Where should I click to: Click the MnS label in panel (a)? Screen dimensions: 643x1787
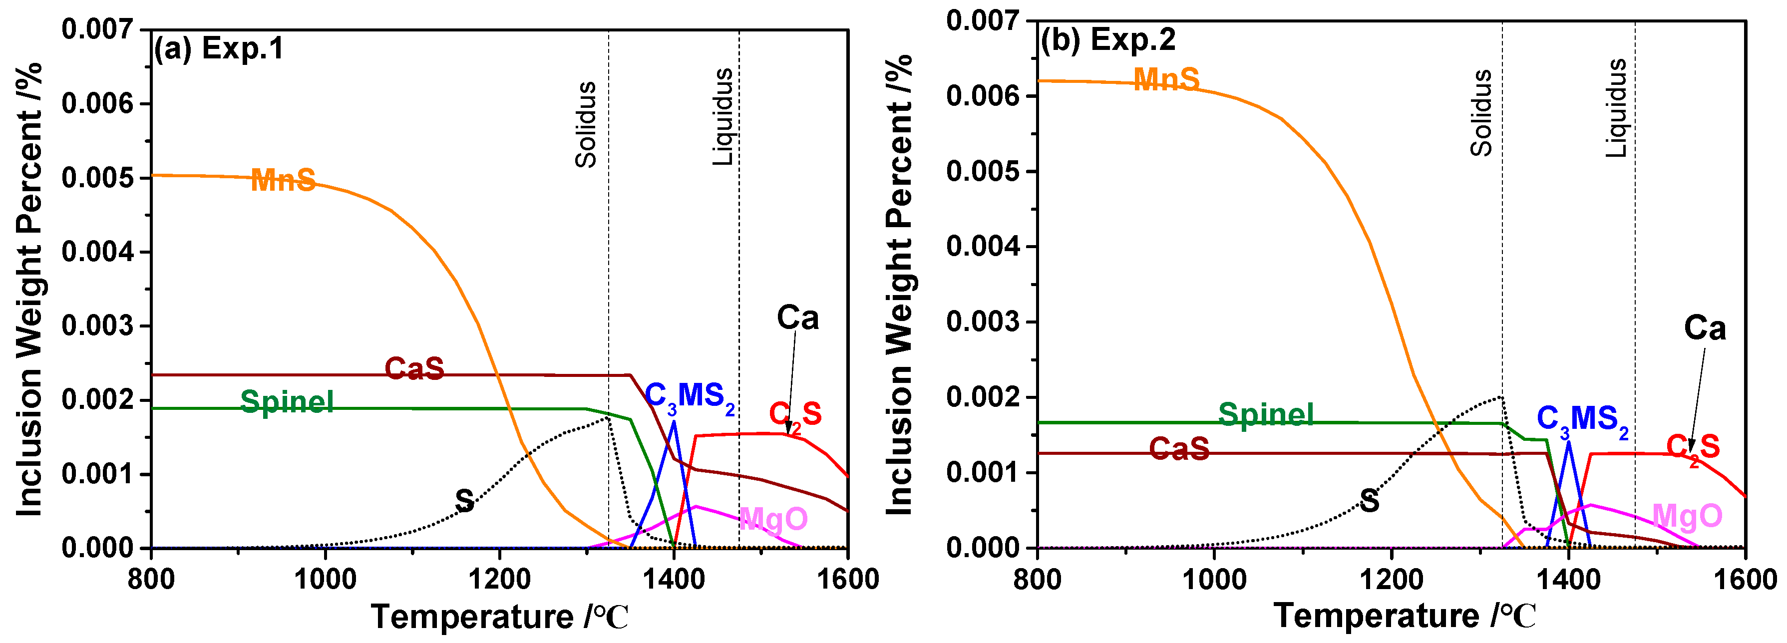pos(283,180)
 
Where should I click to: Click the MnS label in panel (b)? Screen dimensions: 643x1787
pos(1166,80)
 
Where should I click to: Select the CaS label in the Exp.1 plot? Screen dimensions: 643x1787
pos(414,368)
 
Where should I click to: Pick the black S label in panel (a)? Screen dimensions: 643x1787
pos(464,500)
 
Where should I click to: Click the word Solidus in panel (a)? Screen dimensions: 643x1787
pos(586,125)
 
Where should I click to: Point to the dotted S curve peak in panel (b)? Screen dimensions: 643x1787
pos(1500,397)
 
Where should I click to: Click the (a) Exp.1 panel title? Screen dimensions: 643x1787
pos(219,48)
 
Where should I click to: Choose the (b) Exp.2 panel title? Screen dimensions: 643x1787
pos(1108,39)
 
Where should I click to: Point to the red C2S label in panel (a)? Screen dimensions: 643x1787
pos(795,415)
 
